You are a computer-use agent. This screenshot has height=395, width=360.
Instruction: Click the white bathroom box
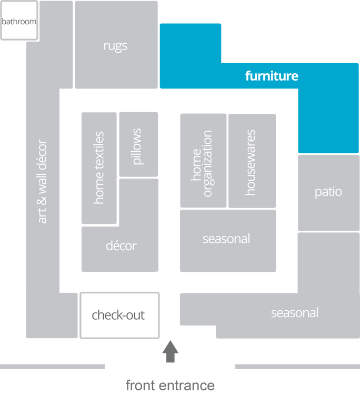coord(19,21)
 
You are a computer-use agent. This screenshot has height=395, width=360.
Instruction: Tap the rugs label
coord(115,46)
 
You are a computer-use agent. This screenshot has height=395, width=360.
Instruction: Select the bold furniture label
coord(272,76)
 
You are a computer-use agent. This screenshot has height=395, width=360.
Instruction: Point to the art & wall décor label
coord(43,181)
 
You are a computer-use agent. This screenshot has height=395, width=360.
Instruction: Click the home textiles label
coord(98,168)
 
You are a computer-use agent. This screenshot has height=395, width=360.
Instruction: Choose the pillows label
coord(137,146)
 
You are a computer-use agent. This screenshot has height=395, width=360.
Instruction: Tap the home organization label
coord(202,164)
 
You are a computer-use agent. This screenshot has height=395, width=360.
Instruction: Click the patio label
coord(328,191)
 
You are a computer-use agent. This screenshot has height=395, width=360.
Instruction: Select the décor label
coord(121,245)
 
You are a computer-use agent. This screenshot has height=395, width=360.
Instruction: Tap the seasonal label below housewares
coord(226,239)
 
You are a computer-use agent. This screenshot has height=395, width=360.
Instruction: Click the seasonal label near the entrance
coord(295,313)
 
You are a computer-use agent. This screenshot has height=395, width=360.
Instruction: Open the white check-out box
coord(118,315)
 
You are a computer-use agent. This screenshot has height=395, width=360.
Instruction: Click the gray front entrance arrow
coord(170,351)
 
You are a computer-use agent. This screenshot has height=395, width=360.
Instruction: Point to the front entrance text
coord(170,386)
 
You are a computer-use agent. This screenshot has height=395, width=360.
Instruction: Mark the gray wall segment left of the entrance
coord(53,367)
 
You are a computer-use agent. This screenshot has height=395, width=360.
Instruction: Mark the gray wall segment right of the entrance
coord(297,367)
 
